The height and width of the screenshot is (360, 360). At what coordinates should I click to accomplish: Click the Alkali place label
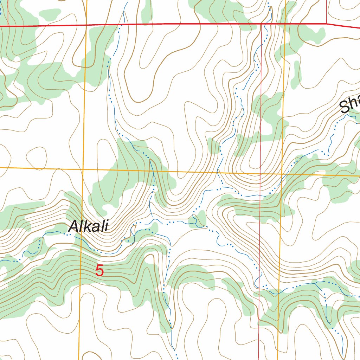88,226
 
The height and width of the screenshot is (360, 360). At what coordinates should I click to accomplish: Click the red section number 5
100,271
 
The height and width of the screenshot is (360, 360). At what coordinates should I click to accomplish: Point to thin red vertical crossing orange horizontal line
260,173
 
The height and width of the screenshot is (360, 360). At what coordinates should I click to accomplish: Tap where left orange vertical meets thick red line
86,25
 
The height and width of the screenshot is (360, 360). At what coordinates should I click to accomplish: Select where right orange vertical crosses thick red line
285,24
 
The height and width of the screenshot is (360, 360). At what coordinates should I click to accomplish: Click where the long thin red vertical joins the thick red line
261,24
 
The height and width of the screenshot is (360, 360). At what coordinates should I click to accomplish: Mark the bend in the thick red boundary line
327,24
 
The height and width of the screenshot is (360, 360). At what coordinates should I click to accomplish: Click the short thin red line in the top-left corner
8,13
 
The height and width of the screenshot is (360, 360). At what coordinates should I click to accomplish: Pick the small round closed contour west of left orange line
37,156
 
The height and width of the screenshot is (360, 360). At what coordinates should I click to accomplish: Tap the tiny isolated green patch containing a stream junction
197,221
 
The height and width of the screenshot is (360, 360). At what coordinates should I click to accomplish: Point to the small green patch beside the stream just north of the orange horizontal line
213,146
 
